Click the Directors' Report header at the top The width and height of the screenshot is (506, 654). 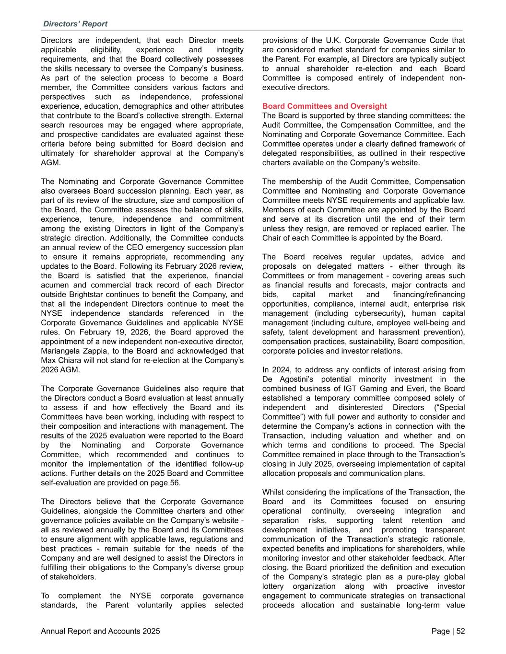tap(75, 24)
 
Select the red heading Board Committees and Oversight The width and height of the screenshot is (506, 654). tap(325, 106)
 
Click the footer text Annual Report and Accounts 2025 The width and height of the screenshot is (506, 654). tap(101, 631)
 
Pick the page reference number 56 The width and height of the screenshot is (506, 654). tap(174, 482)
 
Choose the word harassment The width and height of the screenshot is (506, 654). tap(395, 332)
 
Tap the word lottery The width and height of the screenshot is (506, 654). tap(274, 586)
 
